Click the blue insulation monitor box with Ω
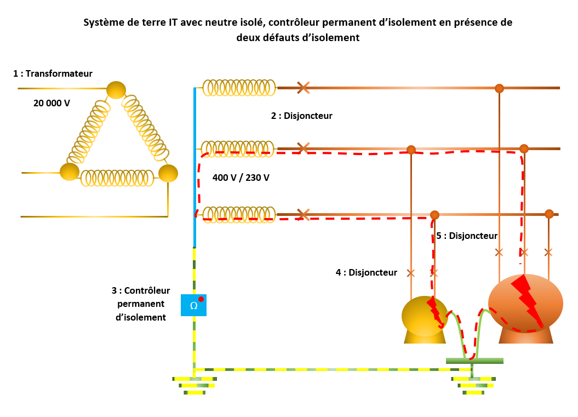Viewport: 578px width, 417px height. pyautogui.click(x=193, y=305)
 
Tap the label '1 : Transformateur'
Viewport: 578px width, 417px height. pyautogui.click(x=53, y=73)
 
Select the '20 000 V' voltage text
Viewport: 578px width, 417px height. pyautogui.click(x=51, y=102)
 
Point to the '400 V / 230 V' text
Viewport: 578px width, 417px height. pyautogui.click(x=241, y=178)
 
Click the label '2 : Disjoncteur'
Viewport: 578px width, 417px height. pyautogui.click(x=301, y=116)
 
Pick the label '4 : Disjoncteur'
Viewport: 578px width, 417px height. pyautogui.click(x=366, y=272)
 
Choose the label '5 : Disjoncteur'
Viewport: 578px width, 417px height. pyautogui.click(x=467, y=236)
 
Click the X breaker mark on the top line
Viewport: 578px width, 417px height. pyautogui.click(x=303, y=88)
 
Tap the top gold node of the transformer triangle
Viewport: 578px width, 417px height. pyautogui.click(x=116, y=90)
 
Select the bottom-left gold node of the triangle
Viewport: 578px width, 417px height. pyautogui.click(x=70, y=172)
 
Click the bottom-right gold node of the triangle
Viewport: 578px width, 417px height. pyautogui.click(x=168, y=173)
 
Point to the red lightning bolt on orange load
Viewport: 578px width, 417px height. pyautogui.click(x=527, y=301)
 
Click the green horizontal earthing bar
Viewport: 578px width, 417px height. pyautogui.click(x=474, y=361)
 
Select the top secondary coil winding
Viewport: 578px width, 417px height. pyautogui.click(x=239, y=88)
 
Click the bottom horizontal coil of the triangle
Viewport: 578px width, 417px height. pyautogui.click(x=117, y=178)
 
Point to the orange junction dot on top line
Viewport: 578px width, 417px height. pyautogui.click(x=499, y=88)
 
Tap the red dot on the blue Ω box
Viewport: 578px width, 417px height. pyautogui.click(x=201, y=299)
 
